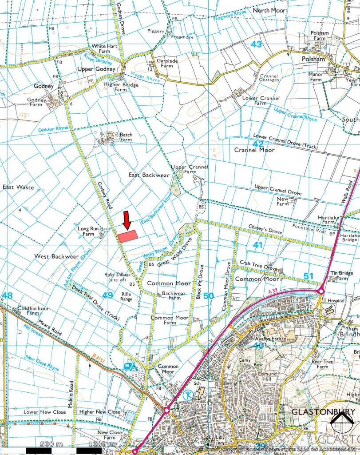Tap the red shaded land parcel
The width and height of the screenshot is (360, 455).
[128, 236]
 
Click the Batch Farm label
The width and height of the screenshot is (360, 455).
[126, 136]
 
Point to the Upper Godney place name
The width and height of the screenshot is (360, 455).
[96, 69]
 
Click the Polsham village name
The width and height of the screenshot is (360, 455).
[313, 59]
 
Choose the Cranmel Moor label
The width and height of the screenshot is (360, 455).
[254, 150]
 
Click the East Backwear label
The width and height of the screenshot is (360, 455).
[149, 175]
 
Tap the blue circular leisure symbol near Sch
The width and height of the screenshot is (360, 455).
[188, 394]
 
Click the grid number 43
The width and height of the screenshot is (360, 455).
[256, 44]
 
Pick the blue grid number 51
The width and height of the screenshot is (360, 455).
[309, 276]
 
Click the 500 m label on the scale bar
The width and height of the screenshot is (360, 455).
[52, 444]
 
